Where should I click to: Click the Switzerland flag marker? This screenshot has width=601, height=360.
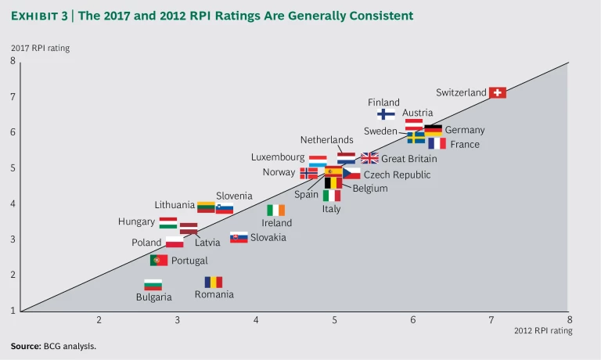(497, 92)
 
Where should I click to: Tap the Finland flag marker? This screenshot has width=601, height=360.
(386, 114)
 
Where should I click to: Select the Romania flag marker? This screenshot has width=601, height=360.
(213, 282)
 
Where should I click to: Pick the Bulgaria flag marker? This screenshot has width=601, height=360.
(153, 285)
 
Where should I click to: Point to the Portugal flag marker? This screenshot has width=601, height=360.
(159, 260)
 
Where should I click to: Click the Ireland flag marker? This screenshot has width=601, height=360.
(275, 210)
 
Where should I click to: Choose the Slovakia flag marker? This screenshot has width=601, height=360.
(239, 237)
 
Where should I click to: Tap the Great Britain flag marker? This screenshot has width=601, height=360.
(369, 158)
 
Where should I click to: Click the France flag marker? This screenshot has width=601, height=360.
(437, 144)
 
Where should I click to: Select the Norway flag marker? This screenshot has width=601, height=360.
(309, 173)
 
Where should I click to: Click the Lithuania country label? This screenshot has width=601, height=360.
(175, 205)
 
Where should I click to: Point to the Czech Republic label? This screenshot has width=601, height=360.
(397, 175)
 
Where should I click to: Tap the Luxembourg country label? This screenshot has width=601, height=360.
(278, 157)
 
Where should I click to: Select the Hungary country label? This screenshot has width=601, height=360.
(136, 221)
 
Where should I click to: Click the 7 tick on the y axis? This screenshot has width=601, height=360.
(13, 96)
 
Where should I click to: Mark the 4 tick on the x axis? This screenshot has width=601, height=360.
(256, 319)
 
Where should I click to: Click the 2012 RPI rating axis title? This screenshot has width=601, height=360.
(543, 330)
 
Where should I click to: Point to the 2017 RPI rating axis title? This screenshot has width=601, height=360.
(40, 49)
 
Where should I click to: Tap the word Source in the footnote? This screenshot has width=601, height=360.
(25, 346)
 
